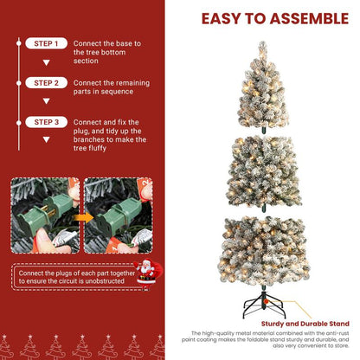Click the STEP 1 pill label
42,43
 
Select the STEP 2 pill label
42,83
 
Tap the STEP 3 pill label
42,123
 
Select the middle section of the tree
262,173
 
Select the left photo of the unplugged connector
43,216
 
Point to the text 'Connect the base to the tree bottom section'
107,52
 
